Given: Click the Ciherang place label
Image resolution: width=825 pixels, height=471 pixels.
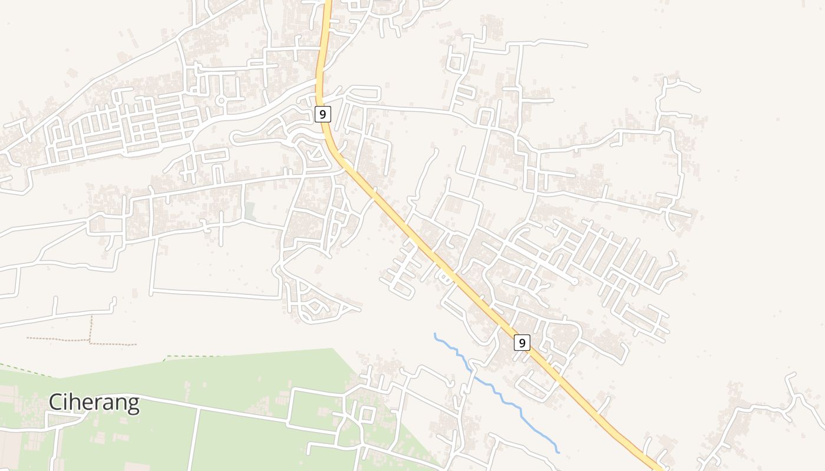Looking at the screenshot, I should coord(94,403).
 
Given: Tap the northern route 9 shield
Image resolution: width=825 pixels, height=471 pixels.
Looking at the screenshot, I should coord(322,114).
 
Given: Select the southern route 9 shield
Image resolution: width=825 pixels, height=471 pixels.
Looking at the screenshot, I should coord(522,342).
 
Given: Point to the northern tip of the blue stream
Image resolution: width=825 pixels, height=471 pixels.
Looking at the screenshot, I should coord(435,334).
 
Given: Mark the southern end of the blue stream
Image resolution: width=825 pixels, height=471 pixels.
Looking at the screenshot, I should coord(558,452).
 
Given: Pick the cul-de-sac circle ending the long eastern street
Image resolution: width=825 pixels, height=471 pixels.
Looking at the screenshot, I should coord(575,282).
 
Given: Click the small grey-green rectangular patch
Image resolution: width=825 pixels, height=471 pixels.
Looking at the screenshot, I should coord(250,211).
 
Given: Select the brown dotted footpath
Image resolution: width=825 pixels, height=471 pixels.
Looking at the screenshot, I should coord(59,340).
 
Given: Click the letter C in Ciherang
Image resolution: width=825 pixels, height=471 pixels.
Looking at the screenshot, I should coord(57,403).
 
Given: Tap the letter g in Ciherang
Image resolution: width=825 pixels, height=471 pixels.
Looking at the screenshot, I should coord(133,405).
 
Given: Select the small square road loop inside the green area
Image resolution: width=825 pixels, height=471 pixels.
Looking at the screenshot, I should coord(366,414).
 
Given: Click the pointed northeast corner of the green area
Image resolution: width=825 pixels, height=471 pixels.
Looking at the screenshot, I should coord(334,349).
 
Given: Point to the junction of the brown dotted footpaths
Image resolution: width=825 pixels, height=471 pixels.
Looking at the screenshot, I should coord(90,340).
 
